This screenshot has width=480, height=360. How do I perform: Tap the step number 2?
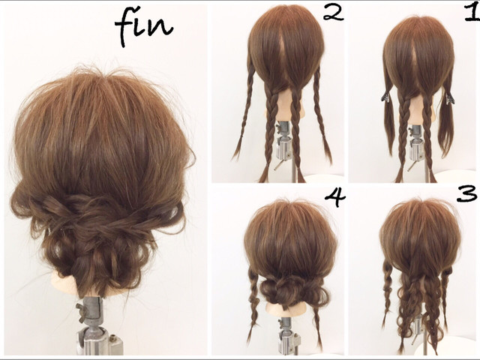333,13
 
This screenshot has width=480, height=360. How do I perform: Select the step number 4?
335,197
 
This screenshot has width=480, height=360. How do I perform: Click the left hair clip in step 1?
385,97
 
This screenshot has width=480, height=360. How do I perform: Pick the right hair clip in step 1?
449,98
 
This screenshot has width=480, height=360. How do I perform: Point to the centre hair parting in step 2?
283,52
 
